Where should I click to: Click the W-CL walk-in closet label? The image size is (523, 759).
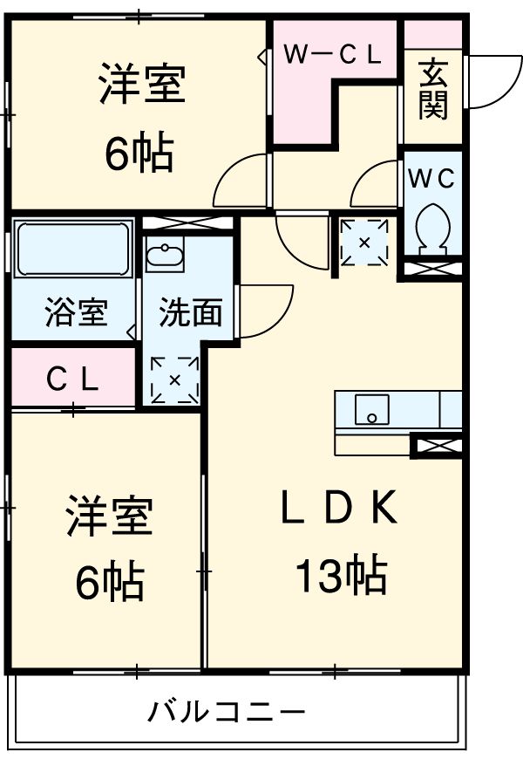point(333,56)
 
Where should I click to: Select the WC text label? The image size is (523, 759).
point(432,179)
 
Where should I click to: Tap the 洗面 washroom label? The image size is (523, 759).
point(190,312)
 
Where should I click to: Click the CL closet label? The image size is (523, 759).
point(72,379)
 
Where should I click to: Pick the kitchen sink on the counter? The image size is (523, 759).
point(372,408)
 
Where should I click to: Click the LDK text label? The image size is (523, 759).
point(339,509)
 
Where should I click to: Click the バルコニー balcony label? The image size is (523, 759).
point(226,714)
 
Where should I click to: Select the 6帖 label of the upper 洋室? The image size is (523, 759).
point(139,154)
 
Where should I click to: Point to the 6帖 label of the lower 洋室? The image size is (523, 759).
point(109,583)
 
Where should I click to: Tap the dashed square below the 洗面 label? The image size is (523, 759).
point(174,379)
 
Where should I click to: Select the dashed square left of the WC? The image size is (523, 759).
point(365,242)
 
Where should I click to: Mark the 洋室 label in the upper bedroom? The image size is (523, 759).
point(140,86)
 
